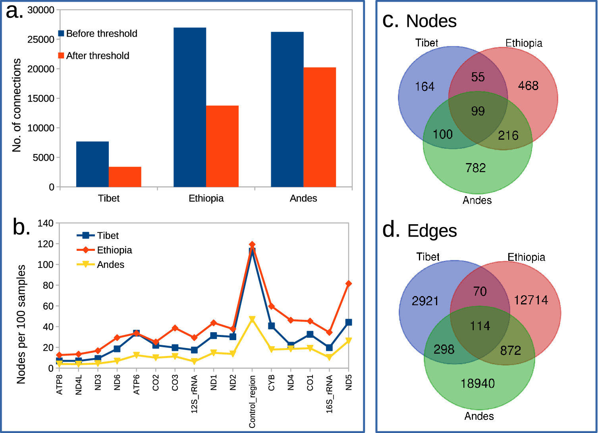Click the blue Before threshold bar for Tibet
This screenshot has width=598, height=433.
click(92, 164)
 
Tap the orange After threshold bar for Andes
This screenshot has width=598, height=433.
click(320, 127)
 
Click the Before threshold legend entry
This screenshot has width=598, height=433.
click(98, 34)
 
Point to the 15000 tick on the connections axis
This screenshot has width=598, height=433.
click(41, 98)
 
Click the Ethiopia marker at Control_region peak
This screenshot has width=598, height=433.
click(252, 244)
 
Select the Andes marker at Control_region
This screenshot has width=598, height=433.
click(252, 319)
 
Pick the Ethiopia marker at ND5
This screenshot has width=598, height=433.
click(349, 283)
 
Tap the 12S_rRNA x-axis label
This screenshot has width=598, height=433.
click(194, 394)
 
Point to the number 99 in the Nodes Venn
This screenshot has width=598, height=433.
click(478, 111)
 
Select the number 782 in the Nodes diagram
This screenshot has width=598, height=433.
click(476, 168)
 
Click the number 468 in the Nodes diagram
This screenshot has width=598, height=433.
click(528, 86)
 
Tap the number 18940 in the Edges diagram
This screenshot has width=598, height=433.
click(478, 383)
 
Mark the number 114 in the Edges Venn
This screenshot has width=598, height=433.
click(480, 326)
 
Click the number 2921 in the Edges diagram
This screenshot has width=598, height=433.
click(425, 301)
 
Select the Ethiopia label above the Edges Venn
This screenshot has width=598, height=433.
click(526, 257)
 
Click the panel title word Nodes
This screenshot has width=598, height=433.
click(431, 21)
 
